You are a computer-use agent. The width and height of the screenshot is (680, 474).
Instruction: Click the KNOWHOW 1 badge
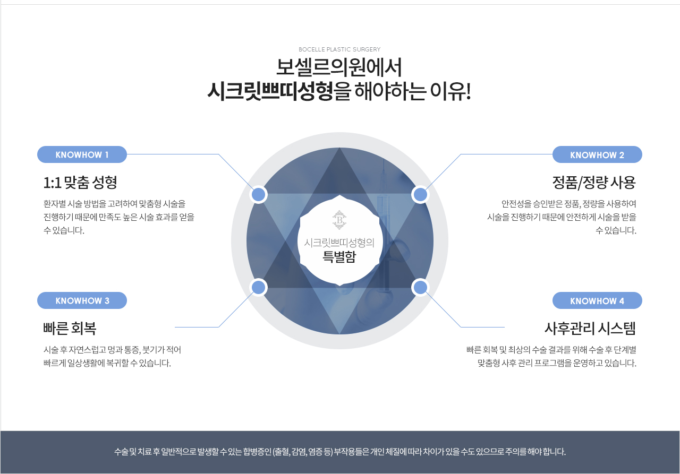tap(82, 154)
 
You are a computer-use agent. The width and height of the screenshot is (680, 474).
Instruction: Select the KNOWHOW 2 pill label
tap(597, 154)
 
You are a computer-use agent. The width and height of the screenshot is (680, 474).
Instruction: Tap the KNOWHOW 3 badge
tap(82, 300)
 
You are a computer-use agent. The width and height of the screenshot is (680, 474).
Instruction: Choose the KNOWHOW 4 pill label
tap(597, 300)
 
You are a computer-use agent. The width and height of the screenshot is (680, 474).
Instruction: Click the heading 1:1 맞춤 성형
tap(80, 182)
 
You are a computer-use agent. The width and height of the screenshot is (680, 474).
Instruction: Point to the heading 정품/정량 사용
tap(594, 182)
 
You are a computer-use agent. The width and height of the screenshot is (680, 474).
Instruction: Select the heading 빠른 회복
tap(70, 328)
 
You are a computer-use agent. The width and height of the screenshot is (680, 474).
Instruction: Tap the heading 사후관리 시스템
tap(590, 328)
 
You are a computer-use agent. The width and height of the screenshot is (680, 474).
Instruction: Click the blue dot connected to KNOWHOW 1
tap(258, 194)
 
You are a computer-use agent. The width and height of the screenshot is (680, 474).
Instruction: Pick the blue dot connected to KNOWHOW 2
tap(420, 194)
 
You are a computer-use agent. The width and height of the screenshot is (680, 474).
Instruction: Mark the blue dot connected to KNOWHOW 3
tap(258, 287)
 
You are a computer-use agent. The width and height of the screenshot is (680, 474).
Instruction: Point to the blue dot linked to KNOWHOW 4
tap(420, 287)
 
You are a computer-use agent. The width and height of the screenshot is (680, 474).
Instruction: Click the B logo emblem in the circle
tap(339, 220)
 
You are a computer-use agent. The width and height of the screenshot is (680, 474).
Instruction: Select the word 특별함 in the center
tap(339, 257)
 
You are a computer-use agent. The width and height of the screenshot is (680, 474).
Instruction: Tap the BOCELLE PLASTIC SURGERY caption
tap(339, 49)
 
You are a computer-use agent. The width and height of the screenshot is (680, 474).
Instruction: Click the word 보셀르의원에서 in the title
tap(339, 67)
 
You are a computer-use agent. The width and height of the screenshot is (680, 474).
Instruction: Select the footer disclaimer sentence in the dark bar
tap(339, 452)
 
